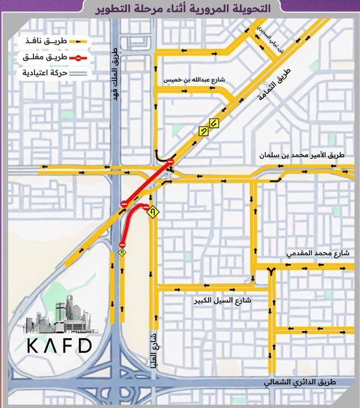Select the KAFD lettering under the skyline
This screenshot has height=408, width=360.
click(x=57, y=345)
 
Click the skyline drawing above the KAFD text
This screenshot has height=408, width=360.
click(x=58, y=314)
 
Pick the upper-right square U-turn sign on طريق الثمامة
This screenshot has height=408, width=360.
click(x=214, y=123)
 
